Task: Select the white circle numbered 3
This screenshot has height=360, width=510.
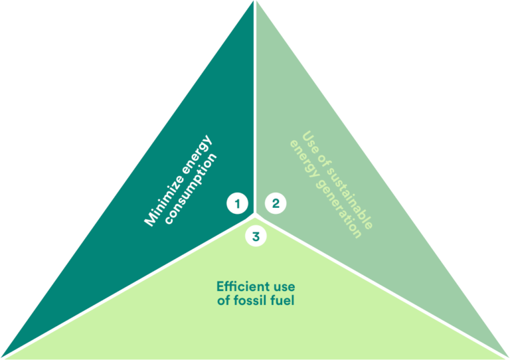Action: click(256, 235)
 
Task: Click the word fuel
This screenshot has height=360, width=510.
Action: click(284, 302)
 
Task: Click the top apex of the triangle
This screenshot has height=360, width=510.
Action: click(255, 2)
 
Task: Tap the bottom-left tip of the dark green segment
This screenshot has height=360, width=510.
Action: click(3, 357)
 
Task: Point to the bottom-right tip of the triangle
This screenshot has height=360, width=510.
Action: click(508, 357)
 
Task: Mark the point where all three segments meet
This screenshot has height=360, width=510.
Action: click(256, 215)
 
